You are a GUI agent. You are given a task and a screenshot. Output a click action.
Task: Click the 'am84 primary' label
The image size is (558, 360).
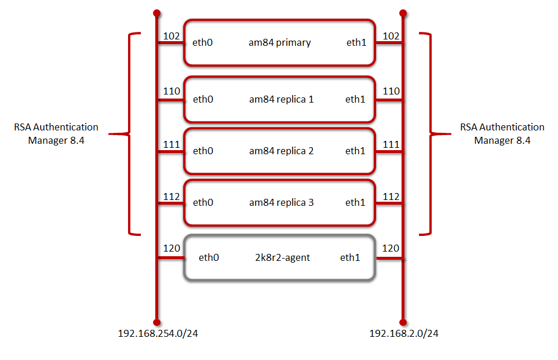coord(280,42)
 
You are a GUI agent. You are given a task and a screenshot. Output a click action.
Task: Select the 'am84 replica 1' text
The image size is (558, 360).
coord(281,99)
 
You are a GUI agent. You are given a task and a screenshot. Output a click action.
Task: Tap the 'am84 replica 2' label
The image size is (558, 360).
coord(281,151)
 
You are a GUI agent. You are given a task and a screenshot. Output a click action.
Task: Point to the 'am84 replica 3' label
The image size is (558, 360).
coord(281,202)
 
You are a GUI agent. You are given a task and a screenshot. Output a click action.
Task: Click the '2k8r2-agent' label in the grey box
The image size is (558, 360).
coord(283,257)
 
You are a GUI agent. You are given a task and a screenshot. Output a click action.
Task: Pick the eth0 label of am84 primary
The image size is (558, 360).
coord(203,42)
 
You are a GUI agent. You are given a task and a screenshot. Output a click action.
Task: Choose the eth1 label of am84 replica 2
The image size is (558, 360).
coord(356,151)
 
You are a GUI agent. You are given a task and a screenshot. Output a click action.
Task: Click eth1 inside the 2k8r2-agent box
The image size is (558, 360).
coord(350,257)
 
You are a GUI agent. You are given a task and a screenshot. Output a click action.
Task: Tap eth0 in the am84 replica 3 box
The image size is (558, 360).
coord(203,202)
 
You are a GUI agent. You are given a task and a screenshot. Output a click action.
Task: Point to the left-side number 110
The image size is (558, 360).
coord(172,92)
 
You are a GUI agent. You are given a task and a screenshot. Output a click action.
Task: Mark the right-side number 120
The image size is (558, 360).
coord(391,249)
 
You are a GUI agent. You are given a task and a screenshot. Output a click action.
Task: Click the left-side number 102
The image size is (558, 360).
coord(172,35)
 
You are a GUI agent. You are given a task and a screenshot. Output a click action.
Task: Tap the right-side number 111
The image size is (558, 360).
coord(391,144)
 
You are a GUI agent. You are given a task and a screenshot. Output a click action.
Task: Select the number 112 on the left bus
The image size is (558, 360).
coord(172,197)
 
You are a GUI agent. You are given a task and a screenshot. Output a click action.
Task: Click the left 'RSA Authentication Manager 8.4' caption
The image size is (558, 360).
coord(56,133)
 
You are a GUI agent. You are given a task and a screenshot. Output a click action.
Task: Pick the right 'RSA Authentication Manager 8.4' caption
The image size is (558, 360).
coord(502,133)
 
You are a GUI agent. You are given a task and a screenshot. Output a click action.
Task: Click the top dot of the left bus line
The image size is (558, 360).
coord(156,12)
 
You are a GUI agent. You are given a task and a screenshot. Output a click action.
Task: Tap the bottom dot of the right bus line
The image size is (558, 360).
coord(403,321)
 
